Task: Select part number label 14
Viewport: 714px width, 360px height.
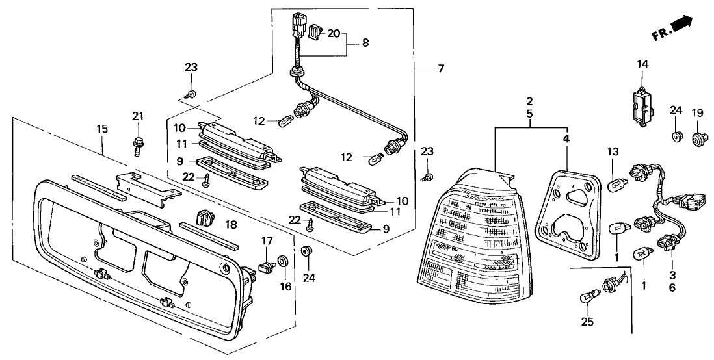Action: pyautogui.click(x=642, y=64)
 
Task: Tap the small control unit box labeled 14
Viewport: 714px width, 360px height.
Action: pyautogui.click(x=640, y=105)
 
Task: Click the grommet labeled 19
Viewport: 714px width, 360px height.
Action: pyautogui.click(x=700, y=138)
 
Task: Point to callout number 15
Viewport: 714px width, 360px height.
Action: pyautogui.click(x=102, y=129)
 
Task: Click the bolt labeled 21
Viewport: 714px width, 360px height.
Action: pyautogui.click(x=138, y=142)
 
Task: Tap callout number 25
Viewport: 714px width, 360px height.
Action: pyautogui.click(x=587, y=321)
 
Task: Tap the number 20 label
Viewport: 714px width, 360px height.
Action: pyautogui.click(x=334, y=34)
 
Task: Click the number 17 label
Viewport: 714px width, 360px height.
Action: pyautogui.click(x=266, y=241)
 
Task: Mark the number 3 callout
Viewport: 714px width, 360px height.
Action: pyautogui.click(x=671, y=276)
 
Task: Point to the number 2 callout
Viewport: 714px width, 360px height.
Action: pyautogui.click(x=530, y=101)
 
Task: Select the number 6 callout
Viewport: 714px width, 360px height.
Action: pyautogui.click(x=671, y=288)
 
